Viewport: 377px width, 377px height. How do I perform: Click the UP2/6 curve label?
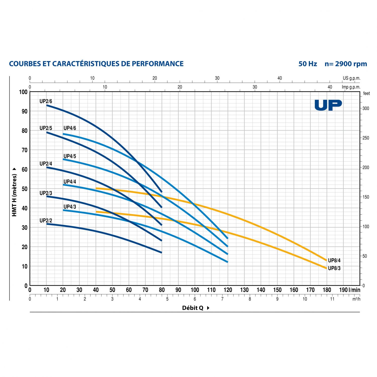coord(46,101)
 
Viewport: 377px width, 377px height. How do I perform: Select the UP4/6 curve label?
coord(70,128)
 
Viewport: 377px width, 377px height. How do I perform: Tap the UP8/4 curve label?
coord(334,260)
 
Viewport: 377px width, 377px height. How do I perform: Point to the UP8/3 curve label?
coord(334,268)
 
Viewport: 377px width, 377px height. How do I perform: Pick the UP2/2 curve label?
coord(46,221)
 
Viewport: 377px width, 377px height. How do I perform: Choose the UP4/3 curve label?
coord(70,207)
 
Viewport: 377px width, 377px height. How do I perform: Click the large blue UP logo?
coord(328,105)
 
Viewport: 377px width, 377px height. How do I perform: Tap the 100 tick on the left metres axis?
coord(23,92)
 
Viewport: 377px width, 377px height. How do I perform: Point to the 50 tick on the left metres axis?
coord(24,189)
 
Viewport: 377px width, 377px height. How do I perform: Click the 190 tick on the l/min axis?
coord(343,290)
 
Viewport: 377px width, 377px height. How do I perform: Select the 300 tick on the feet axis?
coord(366,108)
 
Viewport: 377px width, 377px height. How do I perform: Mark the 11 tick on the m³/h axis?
coord(332,299)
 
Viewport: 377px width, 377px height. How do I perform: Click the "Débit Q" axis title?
coord(193,308)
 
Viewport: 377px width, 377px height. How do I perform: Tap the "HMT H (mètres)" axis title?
coord(14,195)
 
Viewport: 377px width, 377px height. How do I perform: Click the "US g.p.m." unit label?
coord(351,78)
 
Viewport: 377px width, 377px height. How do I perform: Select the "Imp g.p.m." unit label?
coord(351,87)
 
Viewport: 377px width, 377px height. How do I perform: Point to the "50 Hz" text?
coord(308,64)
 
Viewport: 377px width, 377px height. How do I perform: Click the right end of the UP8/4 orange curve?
coord(326,260)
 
